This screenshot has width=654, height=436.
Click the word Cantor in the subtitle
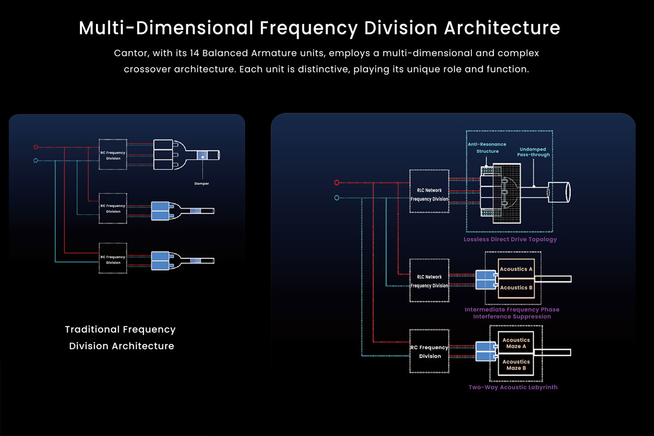pyautogui.click(x=129, y=53)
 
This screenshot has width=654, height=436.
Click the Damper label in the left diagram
pyautogui.click(x=202, y=184)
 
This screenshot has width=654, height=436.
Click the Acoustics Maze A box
pyautogui.click(x=516, y=343)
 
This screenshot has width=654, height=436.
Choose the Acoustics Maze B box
pyautogui.click(x=516, y=365)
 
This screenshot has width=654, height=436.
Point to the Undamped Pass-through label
pyautogui.click(x=534, y=152)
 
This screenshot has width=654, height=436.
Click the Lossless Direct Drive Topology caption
pyautogui.click(x=510, y=239)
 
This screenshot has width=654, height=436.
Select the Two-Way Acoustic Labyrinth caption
pyautogui.click(x=513, y=387)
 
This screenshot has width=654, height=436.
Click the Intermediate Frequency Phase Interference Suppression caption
pyautogui.click(x=512, y=313)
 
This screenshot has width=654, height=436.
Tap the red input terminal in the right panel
pyautogui.click(x=337, y=183)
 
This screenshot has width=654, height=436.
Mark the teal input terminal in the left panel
pyautogui.click(x=35, y=160)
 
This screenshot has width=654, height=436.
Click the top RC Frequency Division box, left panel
pyautogui.click(x=113, y=155)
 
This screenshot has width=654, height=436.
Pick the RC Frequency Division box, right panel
pyautogui.click(x=429, y=352)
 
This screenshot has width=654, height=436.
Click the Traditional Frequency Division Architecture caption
pyautogui.click(x=120, y=337)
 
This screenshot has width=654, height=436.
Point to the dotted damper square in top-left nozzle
pyautogui.click(x=202, y=155)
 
